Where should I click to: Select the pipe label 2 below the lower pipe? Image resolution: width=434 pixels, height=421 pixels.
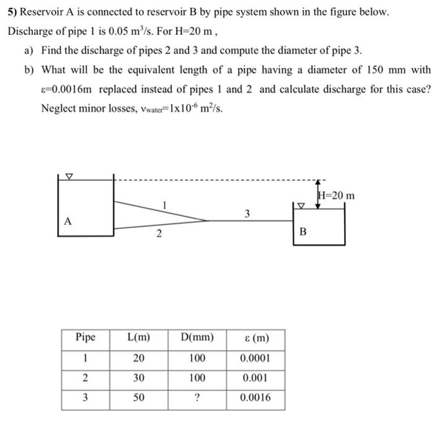click(159, 233)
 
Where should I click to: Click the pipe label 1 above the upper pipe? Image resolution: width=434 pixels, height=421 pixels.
click(164, 204)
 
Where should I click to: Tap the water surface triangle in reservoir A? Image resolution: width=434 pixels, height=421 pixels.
click(69, 177)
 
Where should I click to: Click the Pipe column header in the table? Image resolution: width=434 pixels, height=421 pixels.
click(86, 338)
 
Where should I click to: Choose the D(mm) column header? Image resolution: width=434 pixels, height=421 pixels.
click(197, 338)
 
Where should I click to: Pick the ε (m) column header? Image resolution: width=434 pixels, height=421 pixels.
click(256, 338)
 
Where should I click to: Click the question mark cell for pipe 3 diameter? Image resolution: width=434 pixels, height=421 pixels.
click(197, 398)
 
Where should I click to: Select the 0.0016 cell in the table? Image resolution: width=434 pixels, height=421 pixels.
click(256, 398)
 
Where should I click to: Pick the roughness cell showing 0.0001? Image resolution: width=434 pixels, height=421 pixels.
click(256, 358)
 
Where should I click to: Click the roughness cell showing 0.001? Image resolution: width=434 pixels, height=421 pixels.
click(256, 378)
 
